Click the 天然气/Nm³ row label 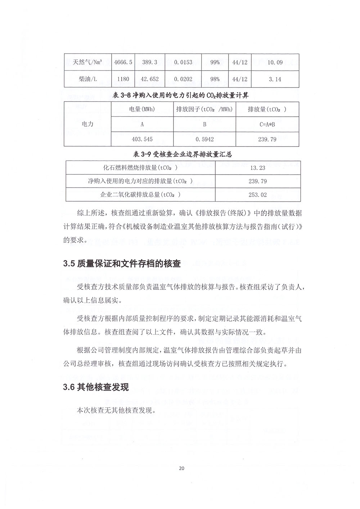click(87, 62)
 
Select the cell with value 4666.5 click(123, 62)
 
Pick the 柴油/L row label click(87, 79)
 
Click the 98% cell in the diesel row click(215, 79)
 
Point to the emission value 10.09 click(275, 62)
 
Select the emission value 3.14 click(275, 79)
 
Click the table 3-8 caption click(181, 95)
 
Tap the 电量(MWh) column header click(142, 109)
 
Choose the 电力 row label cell click(87, 124)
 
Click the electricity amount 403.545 click(142, 139)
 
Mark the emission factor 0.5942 click(204, 139)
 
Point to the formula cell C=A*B click(267, 124)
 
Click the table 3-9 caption click(182, 154)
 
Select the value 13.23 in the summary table click(257, 168)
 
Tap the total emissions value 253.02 click(257, 195)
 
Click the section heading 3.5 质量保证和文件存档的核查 click(122, 263)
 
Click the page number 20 click(181, 468)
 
